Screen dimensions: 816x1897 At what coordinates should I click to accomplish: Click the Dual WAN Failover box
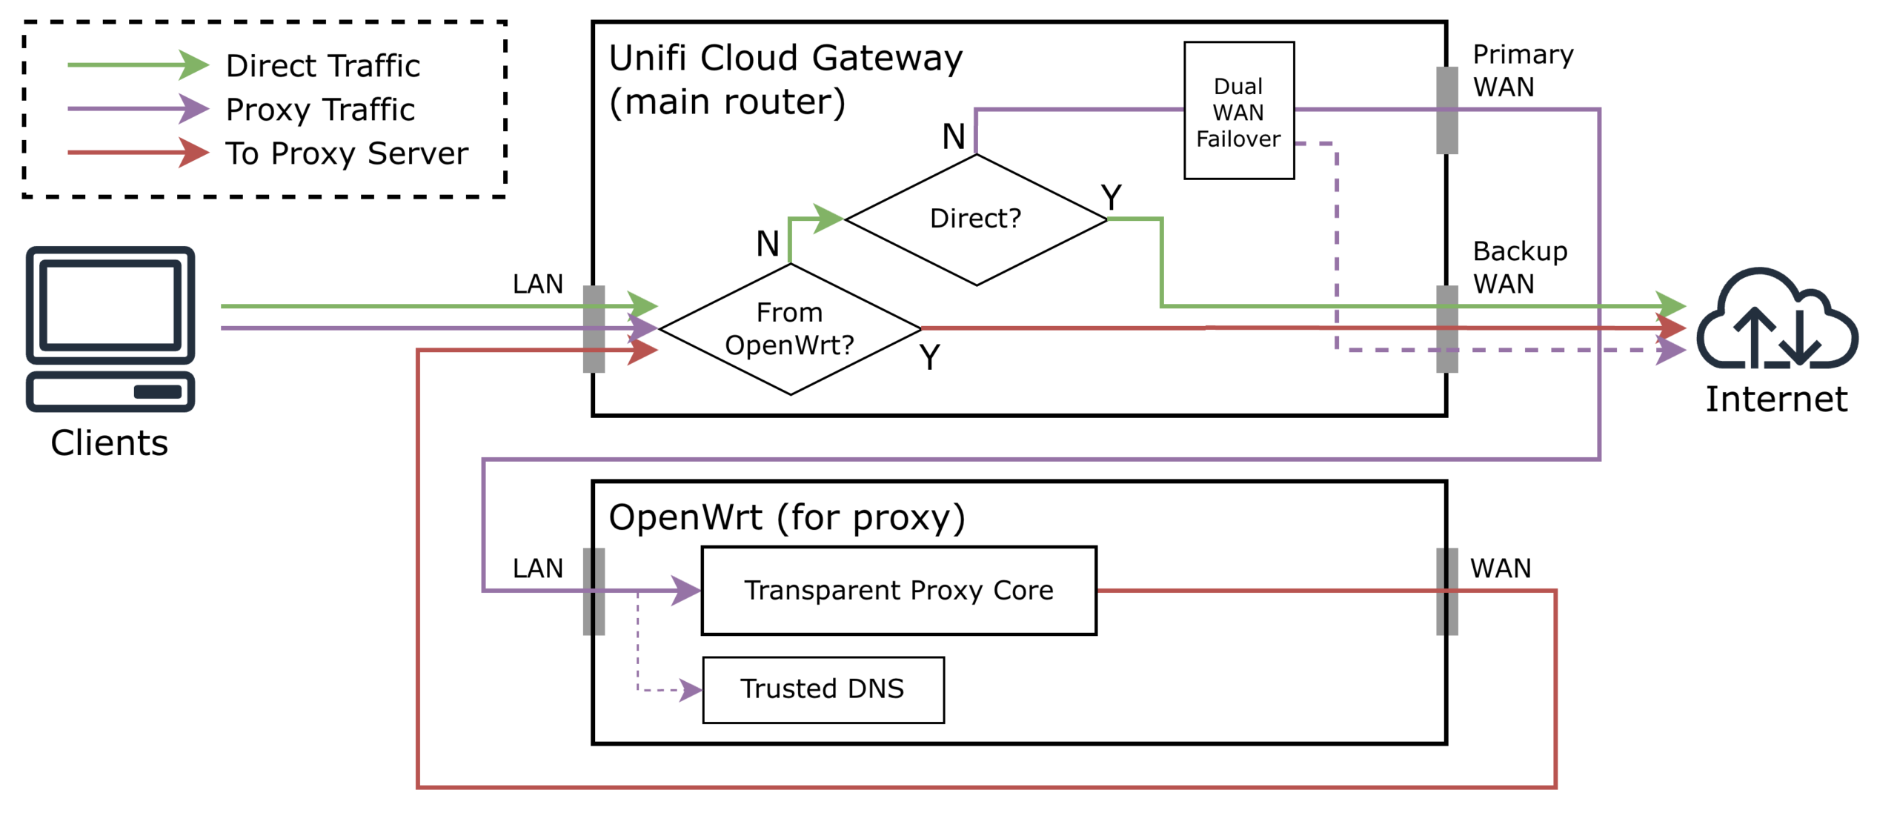(1238, 110)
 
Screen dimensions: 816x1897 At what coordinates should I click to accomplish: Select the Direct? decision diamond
(975, 219)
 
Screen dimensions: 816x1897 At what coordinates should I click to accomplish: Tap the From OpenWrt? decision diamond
(789, 328)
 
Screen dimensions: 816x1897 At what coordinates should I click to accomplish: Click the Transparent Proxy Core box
(898, 590)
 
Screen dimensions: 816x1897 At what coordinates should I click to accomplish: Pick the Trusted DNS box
(823, 689)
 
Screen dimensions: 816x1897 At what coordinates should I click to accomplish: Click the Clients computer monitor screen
(110, 304)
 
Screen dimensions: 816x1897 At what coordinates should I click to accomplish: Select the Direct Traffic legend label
(322, 66)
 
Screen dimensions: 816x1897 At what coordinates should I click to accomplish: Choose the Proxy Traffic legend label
(320, 110)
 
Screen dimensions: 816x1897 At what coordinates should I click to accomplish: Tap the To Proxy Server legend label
(347, 153)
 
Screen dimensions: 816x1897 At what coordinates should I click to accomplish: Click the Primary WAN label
(1522, 70)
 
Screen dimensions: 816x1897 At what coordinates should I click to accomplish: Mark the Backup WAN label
(1519, 267)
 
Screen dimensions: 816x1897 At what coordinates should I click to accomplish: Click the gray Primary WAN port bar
(1446, 110)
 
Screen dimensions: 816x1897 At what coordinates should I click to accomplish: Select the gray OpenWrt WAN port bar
(1446, 591)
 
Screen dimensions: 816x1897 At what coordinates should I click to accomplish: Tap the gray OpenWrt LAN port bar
(594, 591)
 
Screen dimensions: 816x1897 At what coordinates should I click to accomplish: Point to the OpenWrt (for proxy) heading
(786, 517)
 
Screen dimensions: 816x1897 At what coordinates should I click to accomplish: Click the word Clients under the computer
(110, 442)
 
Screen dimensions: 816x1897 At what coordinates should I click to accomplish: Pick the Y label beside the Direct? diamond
(1111, 197)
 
